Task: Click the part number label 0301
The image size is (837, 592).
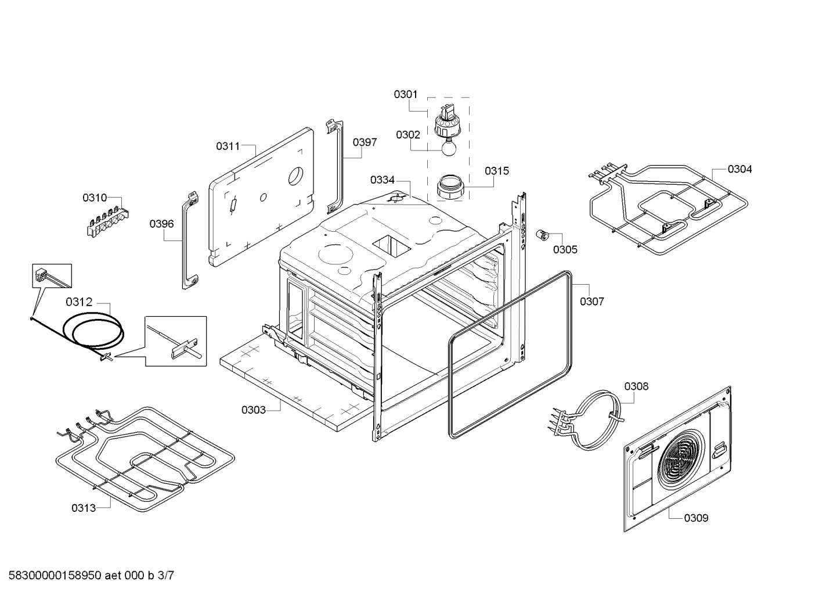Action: (x=405, y=94)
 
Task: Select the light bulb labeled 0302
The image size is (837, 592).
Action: (x=448, y=149)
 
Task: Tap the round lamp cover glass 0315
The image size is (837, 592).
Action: (x=449, y=186)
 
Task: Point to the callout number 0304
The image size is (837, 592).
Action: (x=739, y=169)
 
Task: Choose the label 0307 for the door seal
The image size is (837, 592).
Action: (x=591, y=302)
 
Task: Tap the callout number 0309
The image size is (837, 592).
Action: (x=695, y=518)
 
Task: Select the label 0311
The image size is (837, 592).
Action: (x=228, y=146)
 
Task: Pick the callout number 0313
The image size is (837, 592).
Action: (x=84, y=508)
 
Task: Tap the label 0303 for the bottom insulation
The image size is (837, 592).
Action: (x=254, y=410)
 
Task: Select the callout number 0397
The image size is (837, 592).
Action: (x=365, y=142)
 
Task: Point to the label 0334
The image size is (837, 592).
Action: (x=382, y=180)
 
